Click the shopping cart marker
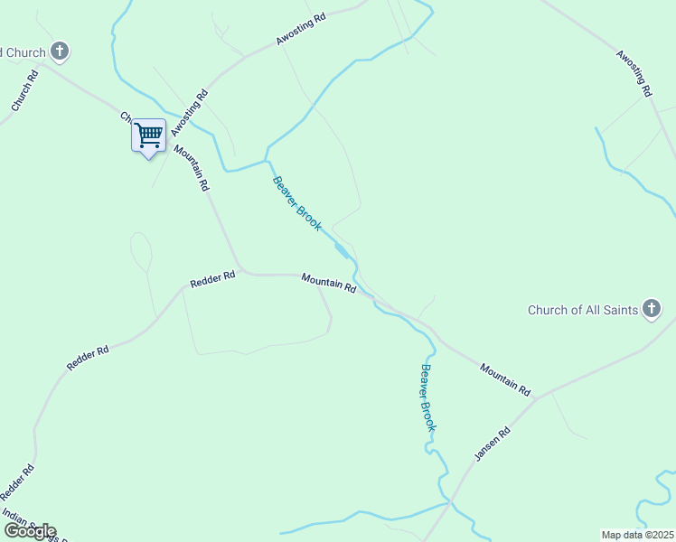tap(149, 136)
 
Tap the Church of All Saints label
tap(582, 311)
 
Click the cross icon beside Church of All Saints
tap(652, 310)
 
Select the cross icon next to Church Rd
tap(60, 51)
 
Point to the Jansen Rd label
tap(493, 444)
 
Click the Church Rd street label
tap(24, 92)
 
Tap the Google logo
tap(30, 531)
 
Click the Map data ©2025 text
tap(637, 535)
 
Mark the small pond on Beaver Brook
tap(341, 249)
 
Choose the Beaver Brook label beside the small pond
tap(296, 202)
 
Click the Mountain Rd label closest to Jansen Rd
tap(505, 379)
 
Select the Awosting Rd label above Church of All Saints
tap(634, 72)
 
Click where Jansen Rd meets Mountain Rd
tap(537, 397)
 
